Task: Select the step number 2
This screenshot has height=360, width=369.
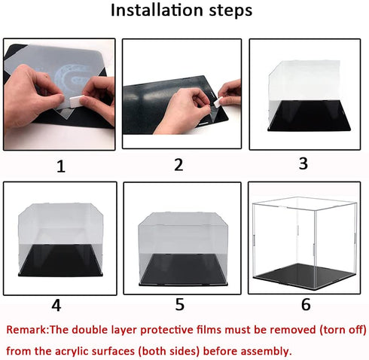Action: pyautogui.click(x=178, y=165)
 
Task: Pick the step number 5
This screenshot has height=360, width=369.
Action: pyautogui.click(x=178, y=304)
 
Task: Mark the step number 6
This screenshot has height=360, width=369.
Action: pyautogui.click(x=305, y=304)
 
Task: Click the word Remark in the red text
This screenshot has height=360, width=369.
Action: pyautogui.click(x=32, y=329)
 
